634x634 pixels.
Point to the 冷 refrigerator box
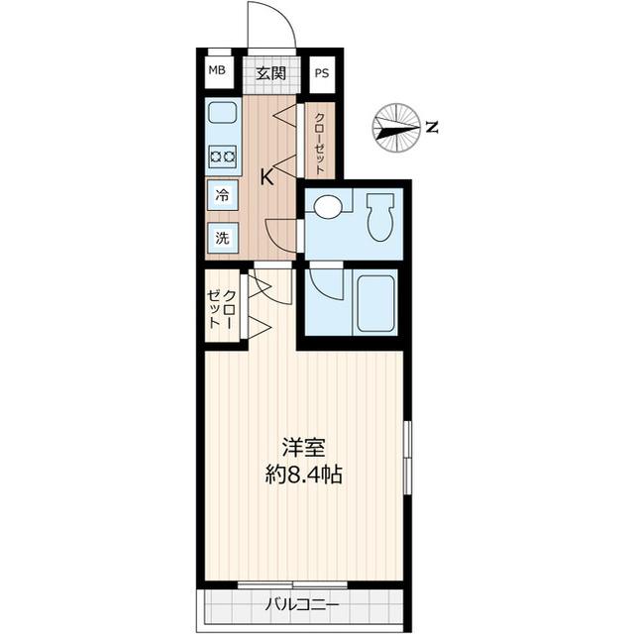(x=223, y=195)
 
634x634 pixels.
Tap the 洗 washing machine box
(x=223, y=238)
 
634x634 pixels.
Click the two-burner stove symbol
(x=223, y=156)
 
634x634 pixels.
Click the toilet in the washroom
(x=380, y=216)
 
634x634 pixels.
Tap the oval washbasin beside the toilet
(x=327, y=207)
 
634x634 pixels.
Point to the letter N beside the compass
(x=431, y=127)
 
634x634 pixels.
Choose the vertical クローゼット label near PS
(x=321, y=144)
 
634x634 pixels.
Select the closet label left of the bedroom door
(x=222, y=309)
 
